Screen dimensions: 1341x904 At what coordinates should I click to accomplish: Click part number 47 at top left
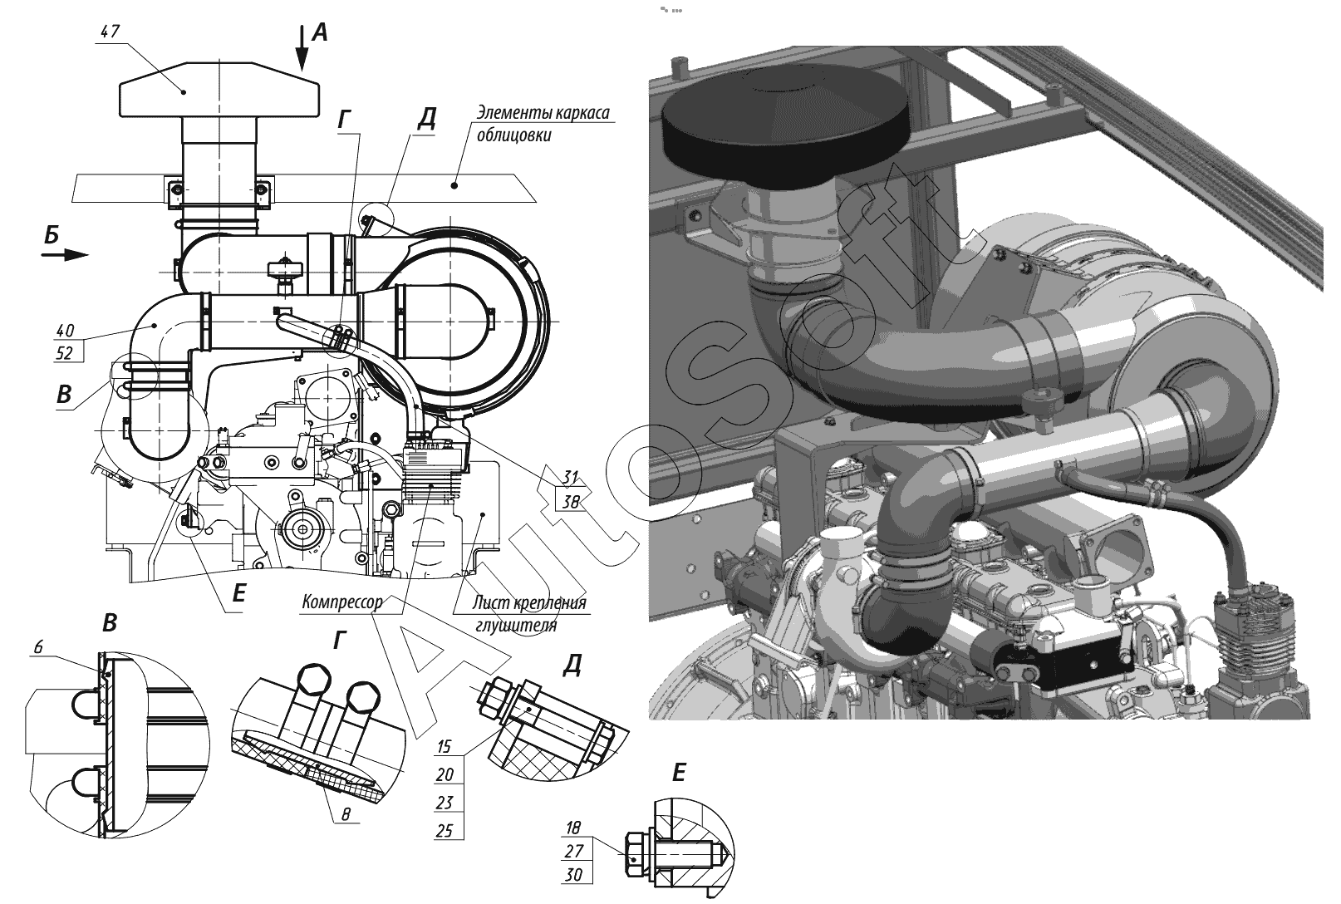[111, 31]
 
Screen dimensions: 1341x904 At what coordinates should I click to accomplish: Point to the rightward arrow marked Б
[65, 255]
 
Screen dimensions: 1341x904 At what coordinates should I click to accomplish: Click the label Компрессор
[341, 602]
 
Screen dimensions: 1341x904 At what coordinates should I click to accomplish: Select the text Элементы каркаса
[543, 112]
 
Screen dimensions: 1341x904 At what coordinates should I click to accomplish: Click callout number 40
[65, 331]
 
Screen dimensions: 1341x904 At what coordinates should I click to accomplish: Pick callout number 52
[64, 353]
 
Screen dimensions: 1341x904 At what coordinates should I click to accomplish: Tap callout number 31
[571, 477]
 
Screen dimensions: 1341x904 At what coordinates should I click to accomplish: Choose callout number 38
[571, 502]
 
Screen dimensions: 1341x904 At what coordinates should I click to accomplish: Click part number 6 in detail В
[39, 646]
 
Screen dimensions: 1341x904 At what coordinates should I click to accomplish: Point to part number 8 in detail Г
[346, 814]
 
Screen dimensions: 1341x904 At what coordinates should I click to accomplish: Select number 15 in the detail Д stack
[445, 747]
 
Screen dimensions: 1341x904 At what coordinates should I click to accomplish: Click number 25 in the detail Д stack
[445, 830]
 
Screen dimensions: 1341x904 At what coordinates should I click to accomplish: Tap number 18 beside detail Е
[573, 828]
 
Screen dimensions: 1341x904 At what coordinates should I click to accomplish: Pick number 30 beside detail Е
[573, 875]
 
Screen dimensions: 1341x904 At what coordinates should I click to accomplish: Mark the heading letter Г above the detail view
[340, 641]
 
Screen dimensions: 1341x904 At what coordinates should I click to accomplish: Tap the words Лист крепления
[529, 602]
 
